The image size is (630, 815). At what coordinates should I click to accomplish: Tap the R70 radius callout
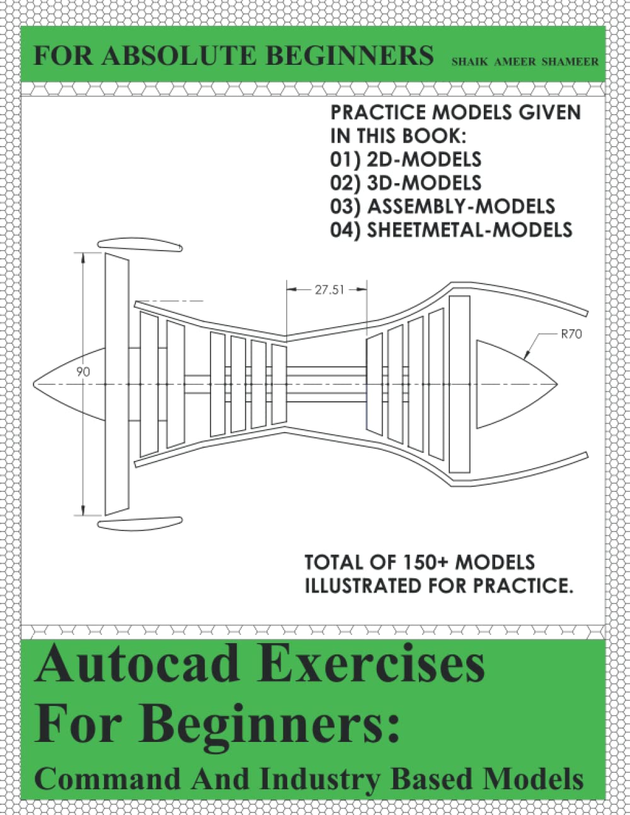coord(571,334)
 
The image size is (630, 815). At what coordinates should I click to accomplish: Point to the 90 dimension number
coord(83,372)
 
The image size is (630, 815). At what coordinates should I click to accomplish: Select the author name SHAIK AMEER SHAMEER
coord(524,62)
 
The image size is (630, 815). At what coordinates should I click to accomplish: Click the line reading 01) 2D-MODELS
coord(406,159)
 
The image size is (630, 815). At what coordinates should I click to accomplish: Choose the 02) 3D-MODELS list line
coord(406,183)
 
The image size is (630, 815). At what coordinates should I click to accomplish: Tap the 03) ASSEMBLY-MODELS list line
coord(442,206)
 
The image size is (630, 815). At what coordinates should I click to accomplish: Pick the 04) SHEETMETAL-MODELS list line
coord(451,229)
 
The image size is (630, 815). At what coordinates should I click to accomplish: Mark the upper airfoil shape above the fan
coord(140,245)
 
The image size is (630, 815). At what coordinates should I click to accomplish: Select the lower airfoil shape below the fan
coord(140,523)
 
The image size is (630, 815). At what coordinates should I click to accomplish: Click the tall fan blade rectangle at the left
coord(117,384)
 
